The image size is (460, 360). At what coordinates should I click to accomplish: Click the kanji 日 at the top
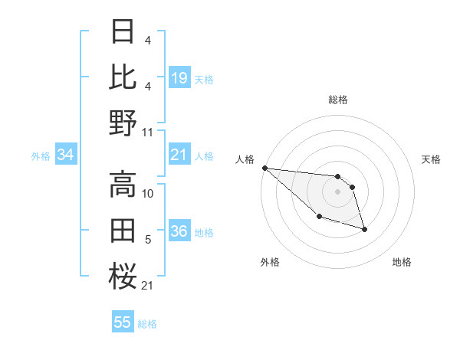point(123,31)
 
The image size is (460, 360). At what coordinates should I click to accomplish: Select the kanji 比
point(123,77)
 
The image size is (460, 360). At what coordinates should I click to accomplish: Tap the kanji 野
point(123,122)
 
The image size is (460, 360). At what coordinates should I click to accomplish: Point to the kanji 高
point(123,184)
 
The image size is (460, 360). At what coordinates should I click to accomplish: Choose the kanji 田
point(123,229)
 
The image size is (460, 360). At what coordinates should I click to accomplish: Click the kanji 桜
point(123,274)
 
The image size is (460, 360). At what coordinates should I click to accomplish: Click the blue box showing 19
point(179,77)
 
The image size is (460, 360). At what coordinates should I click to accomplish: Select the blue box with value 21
point(179,155)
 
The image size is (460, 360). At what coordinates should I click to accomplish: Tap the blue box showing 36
point(179,231)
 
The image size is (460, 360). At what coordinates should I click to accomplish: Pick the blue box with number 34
point(65,155)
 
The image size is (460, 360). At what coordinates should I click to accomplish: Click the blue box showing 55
point(123,322)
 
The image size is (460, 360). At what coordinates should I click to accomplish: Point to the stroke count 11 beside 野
point(148,132)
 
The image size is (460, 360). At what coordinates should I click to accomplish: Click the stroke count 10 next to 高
point(148,194)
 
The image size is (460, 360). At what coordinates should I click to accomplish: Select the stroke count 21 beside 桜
point(148,286)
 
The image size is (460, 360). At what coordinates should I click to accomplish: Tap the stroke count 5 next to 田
point(148,240)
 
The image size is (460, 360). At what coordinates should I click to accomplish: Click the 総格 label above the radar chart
point(337,100)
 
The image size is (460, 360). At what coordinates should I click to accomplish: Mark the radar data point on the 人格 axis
point(264,168)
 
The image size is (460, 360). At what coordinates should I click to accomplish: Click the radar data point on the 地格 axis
point(364,229)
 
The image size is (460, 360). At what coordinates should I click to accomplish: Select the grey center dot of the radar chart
point(337,191)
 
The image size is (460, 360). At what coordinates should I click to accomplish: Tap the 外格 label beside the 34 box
point(41,156)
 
